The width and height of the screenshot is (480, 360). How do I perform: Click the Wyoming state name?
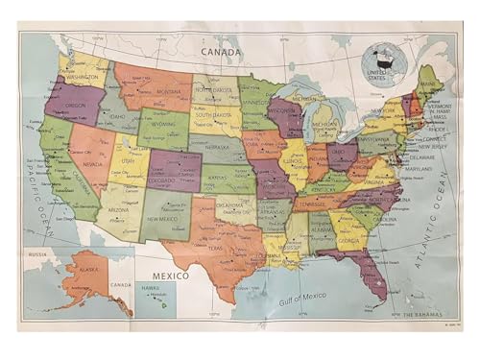tap(164, 124)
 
